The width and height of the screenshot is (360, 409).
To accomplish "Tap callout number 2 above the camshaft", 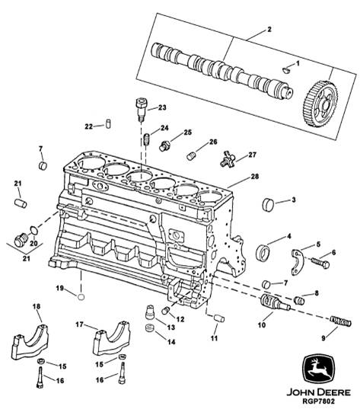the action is click(x=269, y=29).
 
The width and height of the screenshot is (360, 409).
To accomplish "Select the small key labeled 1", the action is click(x=286, y=70).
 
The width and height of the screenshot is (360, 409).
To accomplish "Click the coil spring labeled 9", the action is click(x=341, y=321).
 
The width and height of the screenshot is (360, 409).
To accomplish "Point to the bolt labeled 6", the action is click(x=320, y=262).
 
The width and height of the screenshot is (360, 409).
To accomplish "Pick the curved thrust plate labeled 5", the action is click(x=298, y=262).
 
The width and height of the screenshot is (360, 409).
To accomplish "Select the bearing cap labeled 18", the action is click(x=30, y=342).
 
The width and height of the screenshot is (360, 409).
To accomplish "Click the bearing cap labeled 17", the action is click(x=112, y=338).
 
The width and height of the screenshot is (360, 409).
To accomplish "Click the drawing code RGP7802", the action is click(x=318, y=401).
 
